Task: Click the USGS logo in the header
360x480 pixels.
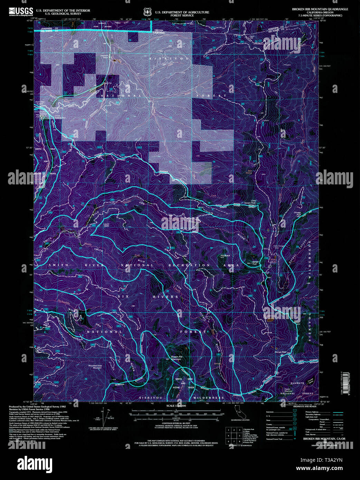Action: [21, 11]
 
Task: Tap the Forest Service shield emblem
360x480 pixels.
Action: [148, 12]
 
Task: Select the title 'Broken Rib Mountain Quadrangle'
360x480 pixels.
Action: [320, 9]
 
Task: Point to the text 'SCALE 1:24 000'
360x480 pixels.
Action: [176, 406]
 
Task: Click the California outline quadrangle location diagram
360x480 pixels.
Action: [238, 412]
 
